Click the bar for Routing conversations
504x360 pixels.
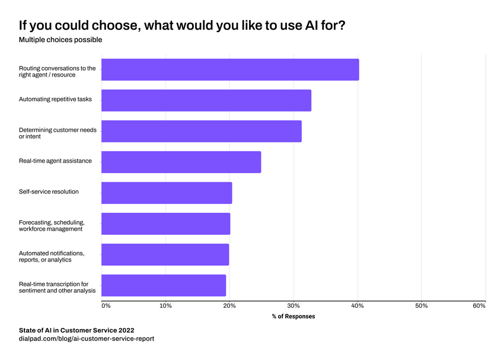point(230,69)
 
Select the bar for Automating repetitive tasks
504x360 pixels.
point(206,100)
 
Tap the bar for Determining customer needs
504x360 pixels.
point(202,131)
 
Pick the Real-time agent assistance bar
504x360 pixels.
point(181,162)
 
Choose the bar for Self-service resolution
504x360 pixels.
point(167,193)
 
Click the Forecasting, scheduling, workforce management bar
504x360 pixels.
point(165,224)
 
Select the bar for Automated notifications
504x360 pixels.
point(165,254)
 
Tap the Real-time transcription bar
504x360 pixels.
point(164,285)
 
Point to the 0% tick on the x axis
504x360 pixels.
point(106,305)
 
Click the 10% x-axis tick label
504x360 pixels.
point(165,305)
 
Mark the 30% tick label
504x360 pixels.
point(294,305)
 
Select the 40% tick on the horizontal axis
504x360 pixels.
point(358,305)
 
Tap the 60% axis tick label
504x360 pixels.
point(479,305)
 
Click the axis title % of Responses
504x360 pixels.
point(294,317)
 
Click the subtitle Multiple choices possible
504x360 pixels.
point(60,40)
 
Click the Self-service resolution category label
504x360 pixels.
point(49,192)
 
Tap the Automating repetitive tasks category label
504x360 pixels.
point(55,100)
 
